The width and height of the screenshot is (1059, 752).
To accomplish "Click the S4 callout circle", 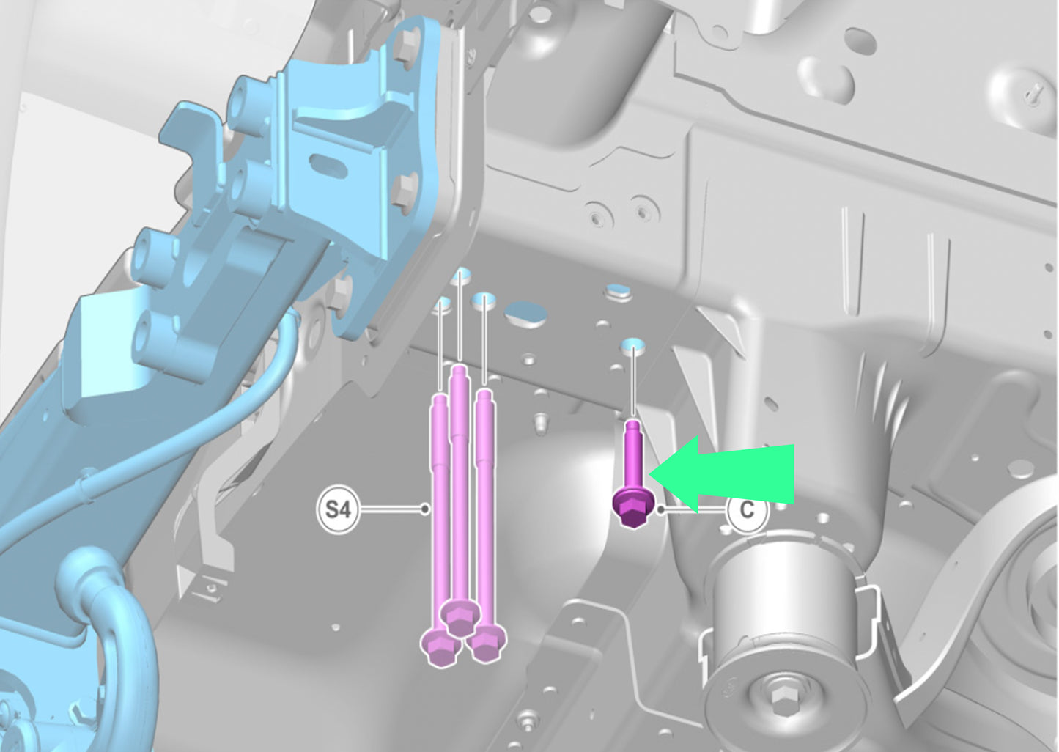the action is pos(338,510).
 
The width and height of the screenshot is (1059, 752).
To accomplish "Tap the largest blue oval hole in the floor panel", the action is pos(525,314).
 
